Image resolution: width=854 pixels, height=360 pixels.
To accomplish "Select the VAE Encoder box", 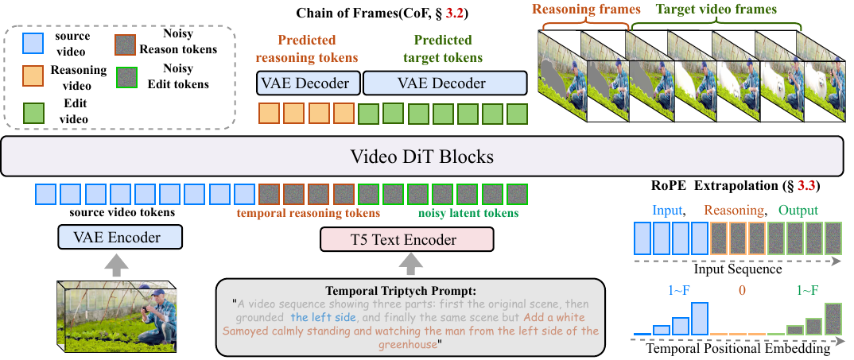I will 120,237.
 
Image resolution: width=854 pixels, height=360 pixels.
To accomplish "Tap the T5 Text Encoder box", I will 406,239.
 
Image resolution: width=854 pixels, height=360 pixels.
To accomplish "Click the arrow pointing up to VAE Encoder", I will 116,265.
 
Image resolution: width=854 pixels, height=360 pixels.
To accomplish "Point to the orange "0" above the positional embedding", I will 742,291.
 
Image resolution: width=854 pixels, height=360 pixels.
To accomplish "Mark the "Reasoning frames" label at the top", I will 580,10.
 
